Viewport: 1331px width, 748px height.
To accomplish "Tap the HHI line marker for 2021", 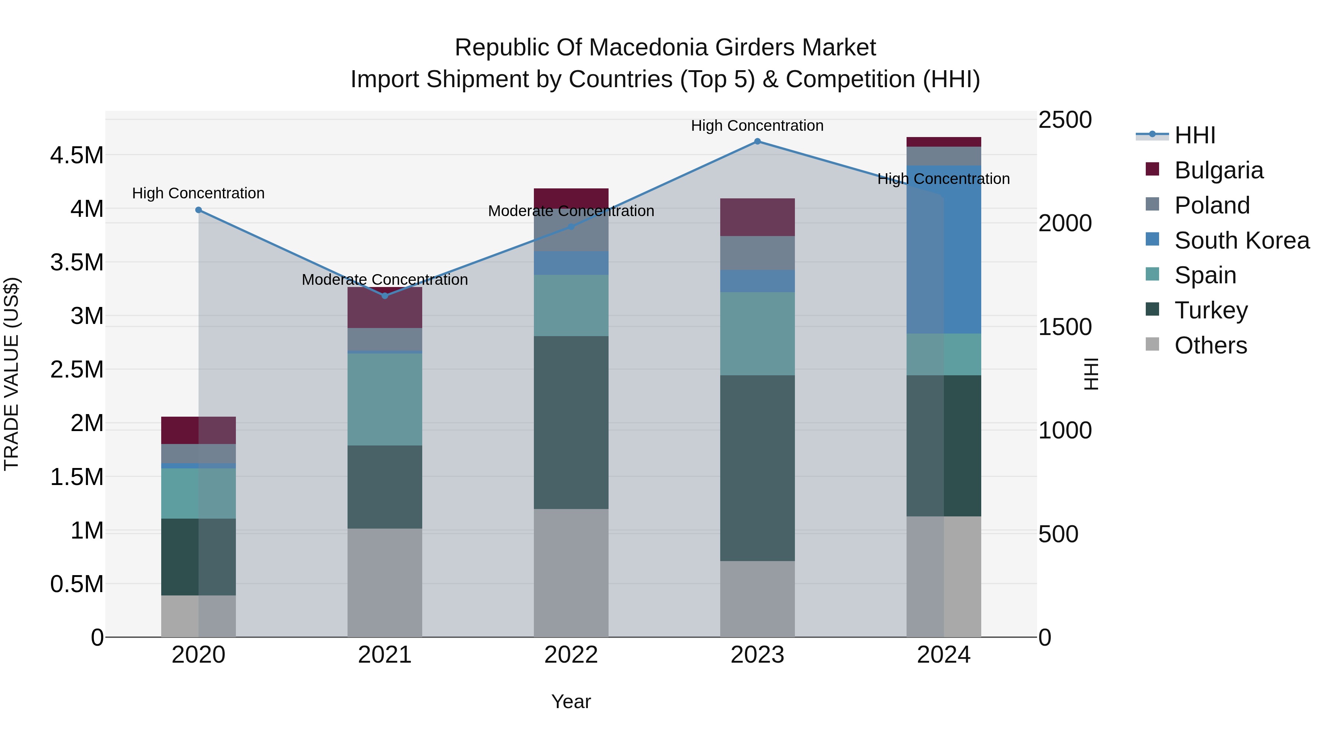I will pos(385,296).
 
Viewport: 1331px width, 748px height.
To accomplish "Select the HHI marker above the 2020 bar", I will pos(199,210).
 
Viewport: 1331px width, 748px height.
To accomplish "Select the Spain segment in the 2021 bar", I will pos(385,399).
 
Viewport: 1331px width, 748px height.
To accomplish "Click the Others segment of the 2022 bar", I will pos(571,573).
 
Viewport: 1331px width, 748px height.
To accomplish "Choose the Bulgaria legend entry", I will pos(1218,170).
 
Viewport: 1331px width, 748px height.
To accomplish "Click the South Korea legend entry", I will pos(1241,240).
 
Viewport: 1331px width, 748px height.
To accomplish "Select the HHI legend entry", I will pos(1194,135).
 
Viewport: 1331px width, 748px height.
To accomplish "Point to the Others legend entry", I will pos(1210,345).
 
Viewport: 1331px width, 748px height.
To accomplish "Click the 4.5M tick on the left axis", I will pos(77,156).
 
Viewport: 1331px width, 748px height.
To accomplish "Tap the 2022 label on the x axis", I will pos(571,655).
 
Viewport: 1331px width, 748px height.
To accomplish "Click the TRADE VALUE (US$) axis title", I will pos(11,374).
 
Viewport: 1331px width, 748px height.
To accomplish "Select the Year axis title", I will pos(571,701).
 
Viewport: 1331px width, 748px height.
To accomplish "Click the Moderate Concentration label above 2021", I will pos(385,279).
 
